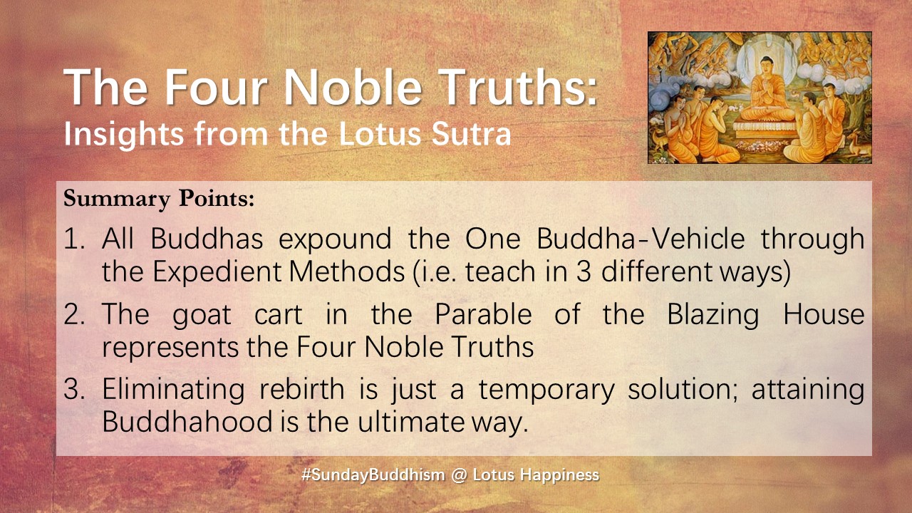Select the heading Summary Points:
[x=159, y=199]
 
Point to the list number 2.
[x=75, y=315]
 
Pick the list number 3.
[x=75, y=390]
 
